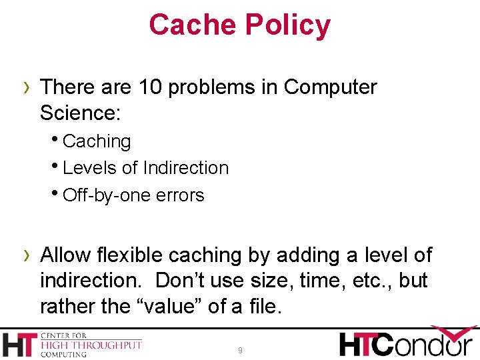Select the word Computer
point(330,87)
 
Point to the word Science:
point(80,113)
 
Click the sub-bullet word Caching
point(97,141)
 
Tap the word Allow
point(65,255)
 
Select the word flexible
point(129,255)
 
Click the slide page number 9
point(240,350)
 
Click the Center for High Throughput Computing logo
point(72,344)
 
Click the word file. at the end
point(265,307)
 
